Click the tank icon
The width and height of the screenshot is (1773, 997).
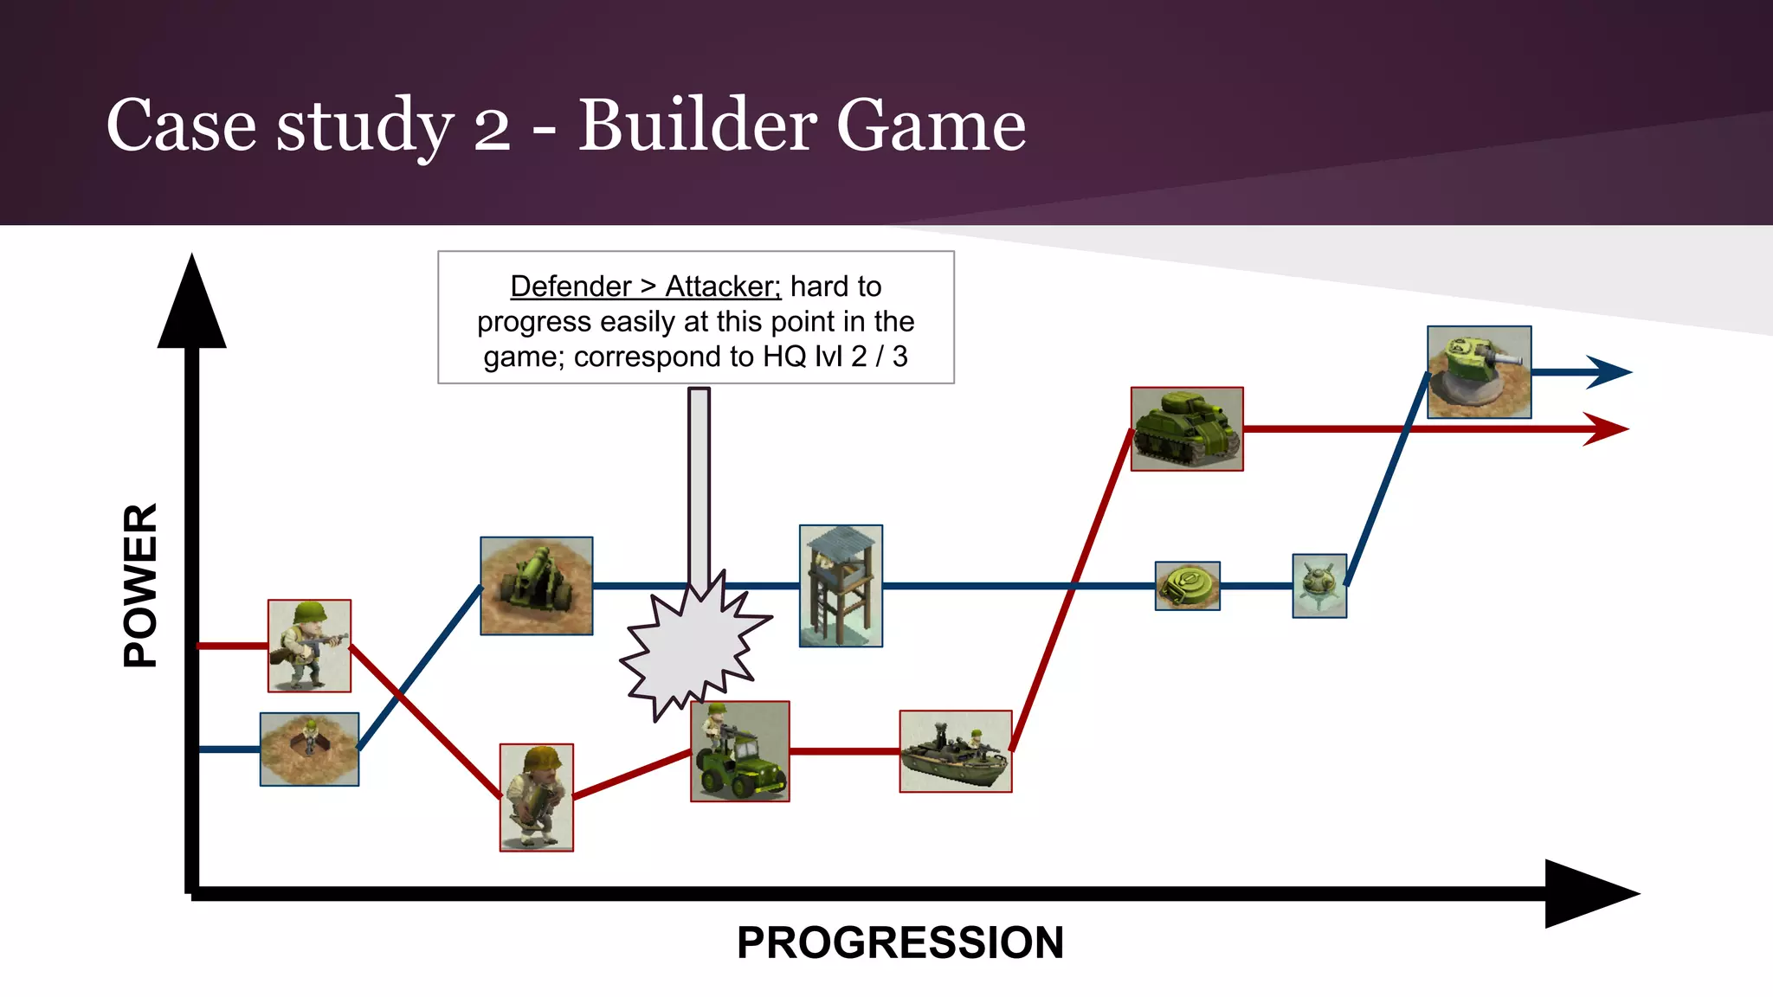tap(1187, 429)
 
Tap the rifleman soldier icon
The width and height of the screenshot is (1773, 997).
tap(309, 646)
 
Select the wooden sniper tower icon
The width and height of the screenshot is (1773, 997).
tap(841, 586)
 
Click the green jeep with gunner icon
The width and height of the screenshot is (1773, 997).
tap(739, 751)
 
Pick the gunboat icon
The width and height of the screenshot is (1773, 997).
tap(955, 751)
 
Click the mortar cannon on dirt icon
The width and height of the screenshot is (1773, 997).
tap(537, 586)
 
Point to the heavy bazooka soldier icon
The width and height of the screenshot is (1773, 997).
tap(536, 797)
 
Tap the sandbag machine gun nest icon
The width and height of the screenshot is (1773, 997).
tap(309, 749)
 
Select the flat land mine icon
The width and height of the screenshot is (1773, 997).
tap(1187, 586)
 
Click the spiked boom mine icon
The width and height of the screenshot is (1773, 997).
tap(1319, 586)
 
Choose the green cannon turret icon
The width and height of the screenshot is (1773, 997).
tap(1479, 372)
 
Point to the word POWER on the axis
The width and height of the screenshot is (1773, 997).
tap(141, 585)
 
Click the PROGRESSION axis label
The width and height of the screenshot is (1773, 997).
tap(899, 942)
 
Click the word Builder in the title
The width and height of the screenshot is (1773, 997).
tap(697, 125)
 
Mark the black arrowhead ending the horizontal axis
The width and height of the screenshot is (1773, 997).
tap(1589, 894)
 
